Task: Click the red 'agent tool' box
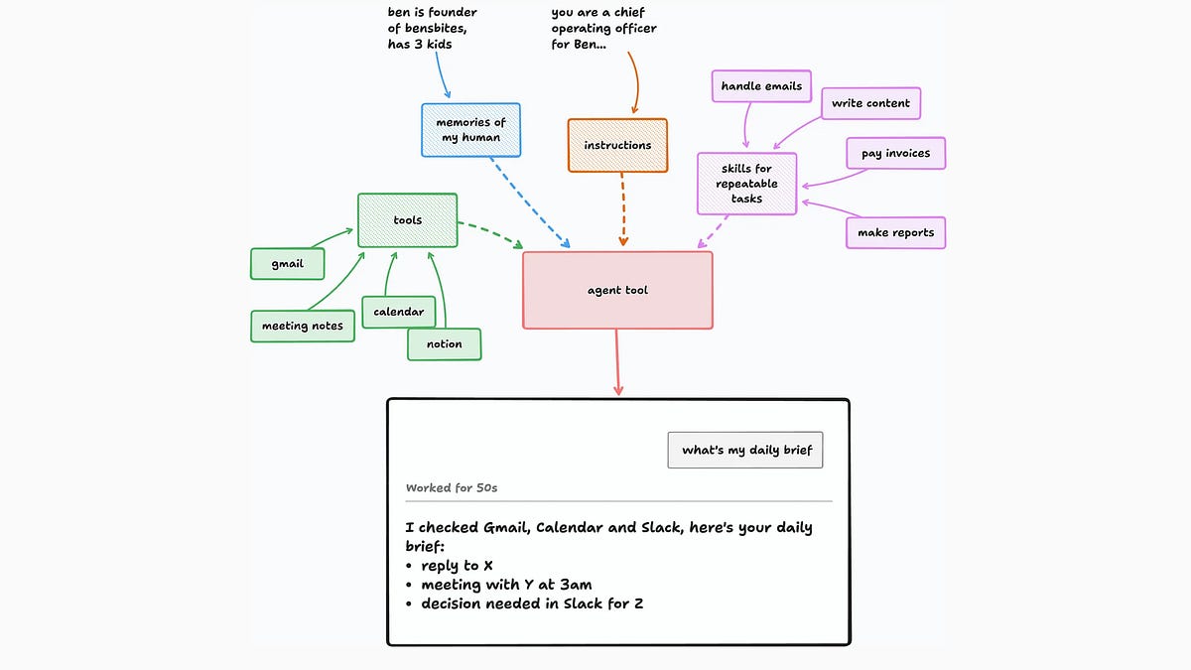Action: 617,290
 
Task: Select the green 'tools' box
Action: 407,220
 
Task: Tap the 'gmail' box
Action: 287,264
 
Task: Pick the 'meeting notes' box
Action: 303,326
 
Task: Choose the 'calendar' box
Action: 399,312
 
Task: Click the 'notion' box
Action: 444,344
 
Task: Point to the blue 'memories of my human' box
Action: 470,130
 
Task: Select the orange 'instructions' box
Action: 617,145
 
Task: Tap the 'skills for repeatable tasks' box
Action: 746,184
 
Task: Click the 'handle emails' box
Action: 761,86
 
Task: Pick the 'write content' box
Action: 871,103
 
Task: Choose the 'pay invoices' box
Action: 896,154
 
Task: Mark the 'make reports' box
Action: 896,233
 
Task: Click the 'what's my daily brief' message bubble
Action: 745,451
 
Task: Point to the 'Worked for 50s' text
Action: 452,488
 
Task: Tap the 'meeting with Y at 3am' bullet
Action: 498,585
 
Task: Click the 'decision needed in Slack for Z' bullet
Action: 524,604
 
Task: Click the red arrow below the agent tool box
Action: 617,362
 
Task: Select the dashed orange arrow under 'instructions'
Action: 622,209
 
